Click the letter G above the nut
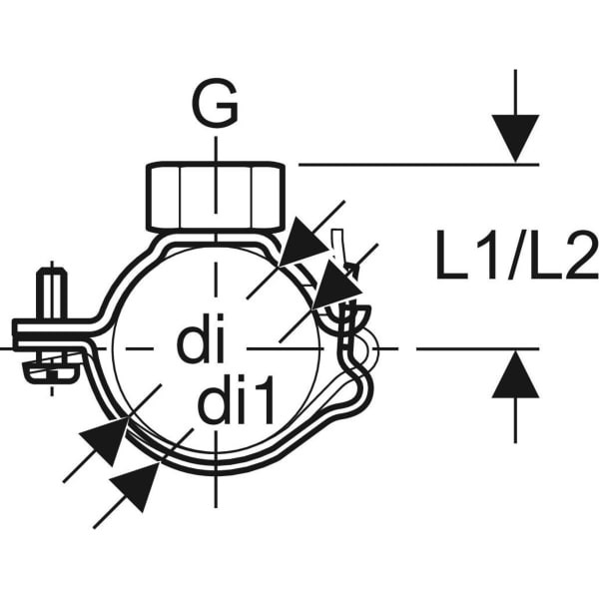215,102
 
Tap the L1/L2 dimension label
517,255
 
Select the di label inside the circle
201,337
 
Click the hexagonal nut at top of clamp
216,197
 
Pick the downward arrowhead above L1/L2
515,138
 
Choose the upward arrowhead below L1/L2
515,374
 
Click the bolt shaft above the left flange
52,294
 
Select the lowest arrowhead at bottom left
135,486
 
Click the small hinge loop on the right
367,348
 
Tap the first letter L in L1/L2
451,255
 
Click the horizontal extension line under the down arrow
418,165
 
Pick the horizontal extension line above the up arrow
477,348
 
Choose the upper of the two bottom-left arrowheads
104,441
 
